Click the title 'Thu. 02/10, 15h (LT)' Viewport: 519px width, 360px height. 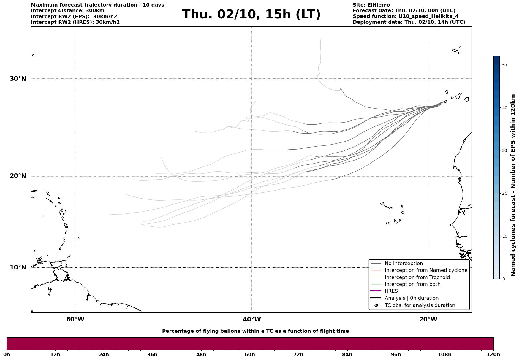click(x=251, y=15)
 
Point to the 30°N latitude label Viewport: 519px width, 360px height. click(x=18, y=79)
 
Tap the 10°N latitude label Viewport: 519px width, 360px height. click(x=18, y=267)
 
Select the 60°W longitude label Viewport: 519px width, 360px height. click(x=75, y=319)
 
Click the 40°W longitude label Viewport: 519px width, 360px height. click(x=252, y=319)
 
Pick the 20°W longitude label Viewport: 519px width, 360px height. click(x=428, y=319)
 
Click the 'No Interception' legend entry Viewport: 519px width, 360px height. click(x=404, y=264)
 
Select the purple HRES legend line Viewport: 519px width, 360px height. click(x=376, y=291)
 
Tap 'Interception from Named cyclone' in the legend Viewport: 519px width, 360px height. click(x=426, y=270)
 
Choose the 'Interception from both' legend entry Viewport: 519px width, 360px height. click(x=412, y=284)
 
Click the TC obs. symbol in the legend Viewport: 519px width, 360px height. click(x=376, y=305)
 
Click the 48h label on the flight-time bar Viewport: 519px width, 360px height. click(x=201, y=354)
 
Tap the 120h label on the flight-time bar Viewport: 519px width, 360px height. click(x=493, y=354)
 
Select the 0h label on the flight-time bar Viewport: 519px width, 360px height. click(x=7, y=354)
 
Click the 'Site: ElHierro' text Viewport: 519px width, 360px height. click(x=371, y=5)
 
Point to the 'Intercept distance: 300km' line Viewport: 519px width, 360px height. click(x=68, y=11)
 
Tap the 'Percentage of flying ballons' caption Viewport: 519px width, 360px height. click(x=255, y=331)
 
